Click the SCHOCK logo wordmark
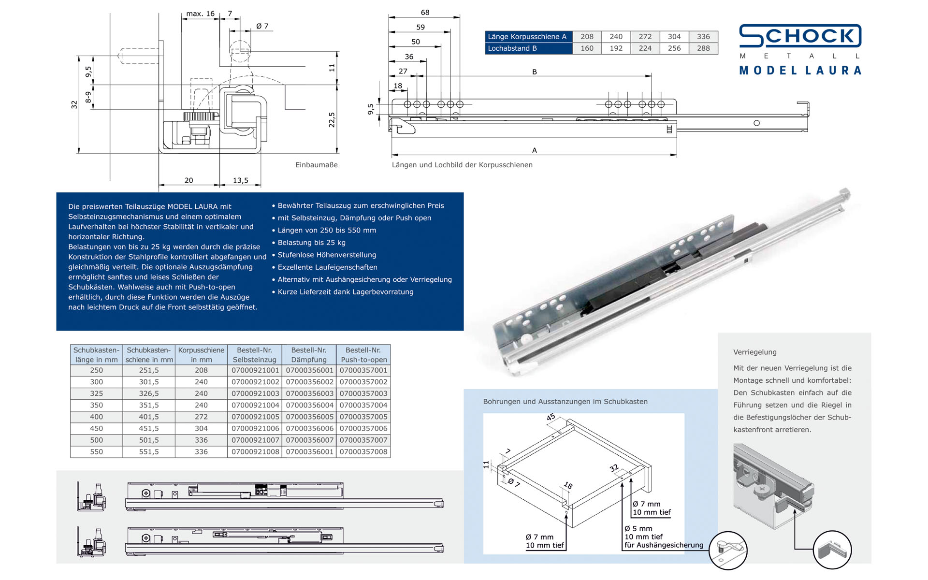[x=800, y=36]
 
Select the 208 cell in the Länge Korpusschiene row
[x=587, y=37]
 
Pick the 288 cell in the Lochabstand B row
[x=703, y=48]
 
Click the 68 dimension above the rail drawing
[x=425, y=13]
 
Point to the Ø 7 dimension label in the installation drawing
[x=262, y=26]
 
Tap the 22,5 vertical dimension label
[x=332, y=120]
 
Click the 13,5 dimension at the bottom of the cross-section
[x=240, y=180]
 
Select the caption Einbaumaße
[x=316, y=165]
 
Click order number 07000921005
[x=255, y=417]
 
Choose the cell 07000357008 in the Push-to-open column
[x=363, y=451]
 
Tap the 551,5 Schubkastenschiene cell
[x=149, y=451]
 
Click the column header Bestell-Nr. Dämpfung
[x=309, y=355]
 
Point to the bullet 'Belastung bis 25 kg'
[x=311, y=243]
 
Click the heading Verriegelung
[x=754, y=352]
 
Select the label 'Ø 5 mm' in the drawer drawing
[x=638, y=528]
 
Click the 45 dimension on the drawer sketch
[x=551, y=417]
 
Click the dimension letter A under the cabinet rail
[x=534, y=150]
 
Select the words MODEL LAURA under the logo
[x=800, y=71]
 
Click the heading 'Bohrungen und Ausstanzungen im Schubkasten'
[x=565, y=402]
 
